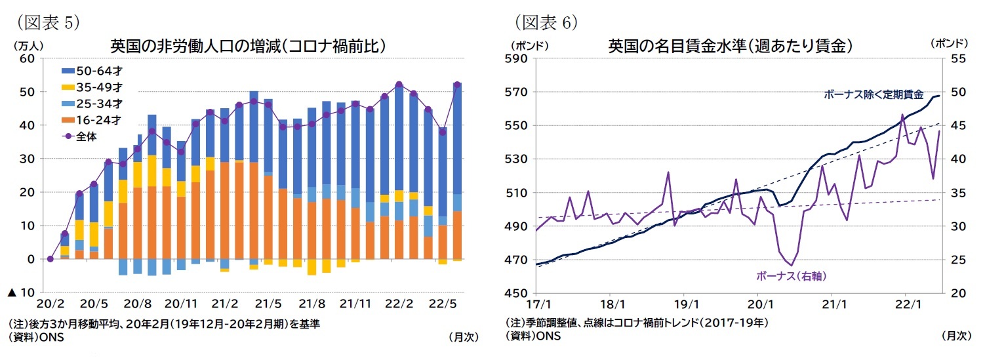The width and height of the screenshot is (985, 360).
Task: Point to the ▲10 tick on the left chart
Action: [x=21, y=292]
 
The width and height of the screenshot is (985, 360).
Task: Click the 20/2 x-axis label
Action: [x=50, y=305]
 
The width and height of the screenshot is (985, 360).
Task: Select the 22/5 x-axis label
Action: [x=443, y=305]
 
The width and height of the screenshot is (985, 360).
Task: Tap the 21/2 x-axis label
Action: [x=224, y=305]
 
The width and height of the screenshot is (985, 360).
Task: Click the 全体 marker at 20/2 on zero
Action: [x=50, y=259]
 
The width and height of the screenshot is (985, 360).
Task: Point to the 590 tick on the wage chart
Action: [x=517, y=58]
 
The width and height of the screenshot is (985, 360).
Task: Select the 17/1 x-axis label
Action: [x=537, y=305]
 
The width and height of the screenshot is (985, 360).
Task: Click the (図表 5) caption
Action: [x=46, y=22]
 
